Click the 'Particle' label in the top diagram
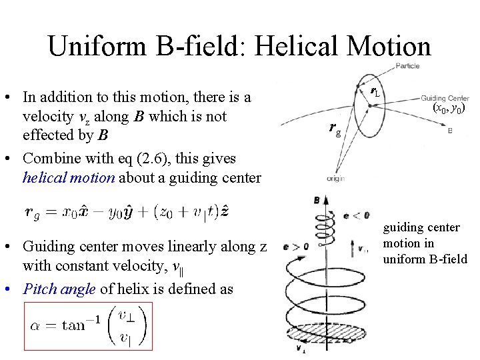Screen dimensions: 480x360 point(407,65)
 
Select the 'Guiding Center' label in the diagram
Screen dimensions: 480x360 point(445,98)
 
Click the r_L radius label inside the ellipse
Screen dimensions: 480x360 point(376,91)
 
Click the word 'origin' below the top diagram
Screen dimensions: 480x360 point(335,178)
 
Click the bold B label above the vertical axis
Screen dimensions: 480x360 point(316,199)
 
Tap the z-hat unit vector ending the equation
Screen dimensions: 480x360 point(227,211)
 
